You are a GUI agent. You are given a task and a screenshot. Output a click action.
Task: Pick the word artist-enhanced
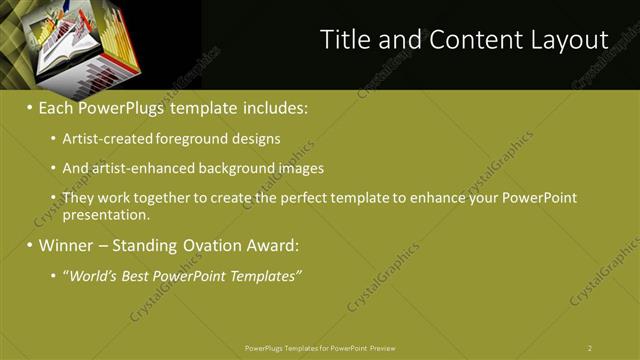[x=137, y=168]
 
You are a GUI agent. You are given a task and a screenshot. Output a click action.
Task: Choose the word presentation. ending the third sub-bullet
[x=106, y=214]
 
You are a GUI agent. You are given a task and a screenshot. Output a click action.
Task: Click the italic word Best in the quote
[x=138, y=275]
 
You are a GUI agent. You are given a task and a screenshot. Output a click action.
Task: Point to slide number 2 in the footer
[x=590, y=348]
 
